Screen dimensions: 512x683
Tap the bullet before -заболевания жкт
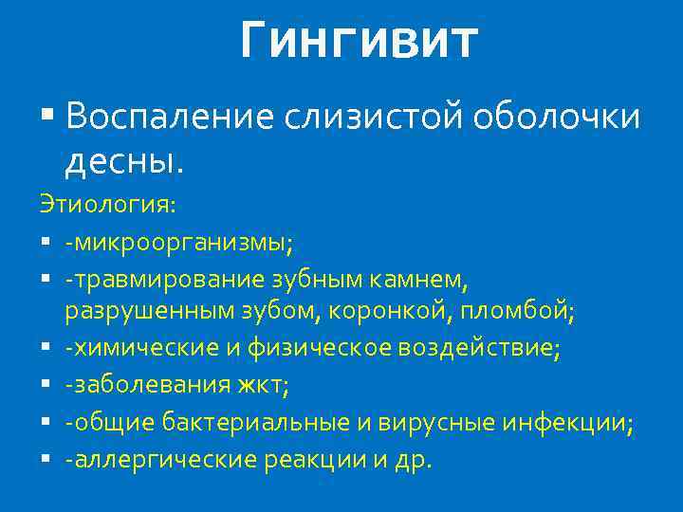(x=46, y=387)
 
